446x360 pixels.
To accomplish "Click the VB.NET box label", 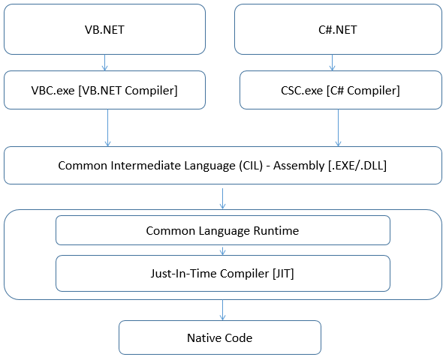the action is (104, 29).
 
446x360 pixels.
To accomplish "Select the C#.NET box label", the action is (338, 29).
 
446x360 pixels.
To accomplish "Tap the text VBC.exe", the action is (53, 91).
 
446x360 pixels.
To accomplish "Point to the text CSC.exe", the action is (302, 91).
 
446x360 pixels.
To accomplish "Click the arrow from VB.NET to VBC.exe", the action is (104, 62).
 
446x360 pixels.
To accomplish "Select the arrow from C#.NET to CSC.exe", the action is (332, 62).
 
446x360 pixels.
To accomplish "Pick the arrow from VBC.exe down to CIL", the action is (108, 127).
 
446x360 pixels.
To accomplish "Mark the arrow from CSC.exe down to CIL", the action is (338, 127).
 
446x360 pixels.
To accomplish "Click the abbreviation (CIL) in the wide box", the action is (251, 166).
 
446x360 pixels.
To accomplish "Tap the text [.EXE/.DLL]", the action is (357, 166).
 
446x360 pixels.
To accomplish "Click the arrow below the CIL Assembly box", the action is (223, 199).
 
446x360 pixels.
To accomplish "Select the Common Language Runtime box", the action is (223, 230).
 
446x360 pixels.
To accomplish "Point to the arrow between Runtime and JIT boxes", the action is (223, 250).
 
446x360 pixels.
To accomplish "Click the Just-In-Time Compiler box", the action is (223, 273).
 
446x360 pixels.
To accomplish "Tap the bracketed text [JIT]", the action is (283, 274).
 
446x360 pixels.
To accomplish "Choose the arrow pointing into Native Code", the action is (223, 310).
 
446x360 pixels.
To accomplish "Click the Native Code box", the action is (220, 337).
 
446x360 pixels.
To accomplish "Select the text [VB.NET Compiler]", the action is (128, 91).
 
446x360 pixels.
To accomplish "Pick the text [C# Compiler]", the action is (363, 91).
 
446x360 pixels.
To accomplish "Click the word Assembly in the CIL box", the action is (299, 166).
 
